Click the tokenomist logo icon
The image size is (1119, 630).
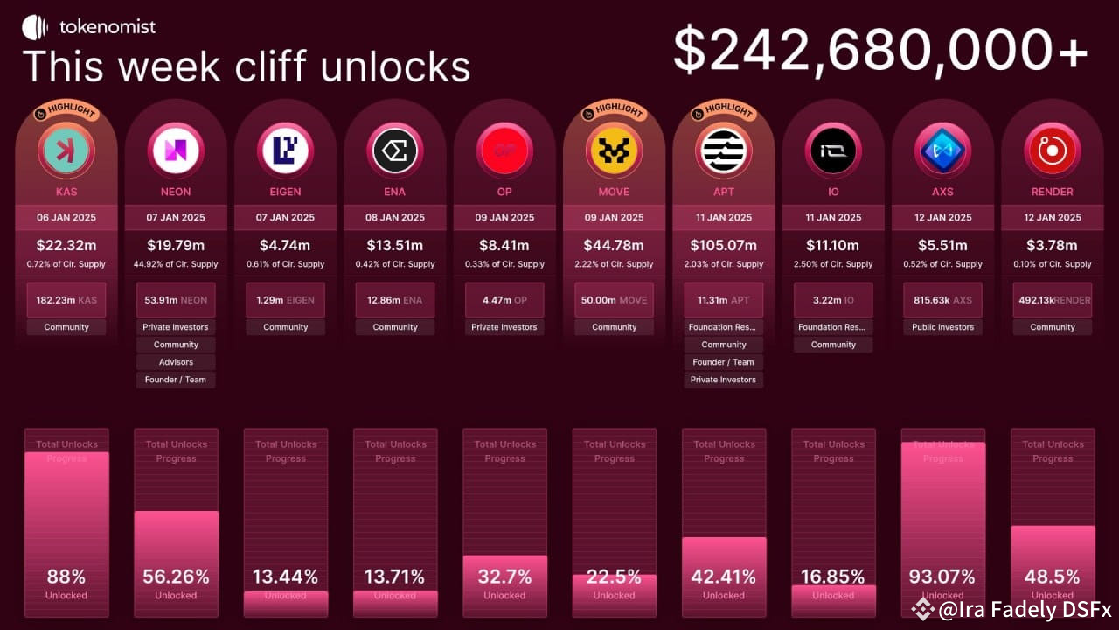coord(35,27)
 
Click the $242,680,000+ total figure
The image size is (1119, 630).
coord(880,50)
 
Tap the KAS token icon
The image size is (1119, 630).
coord(66,150)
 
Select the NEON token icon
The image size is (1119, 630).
coord(176,150)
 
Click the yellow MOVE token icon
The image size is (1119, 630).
coord(614,150)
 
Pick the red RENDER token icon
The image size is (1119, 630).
coord(1052,150)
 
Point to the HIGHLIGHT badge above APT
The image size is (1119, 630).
coord(723,111)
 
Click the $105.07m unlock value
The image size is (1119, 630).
coord(723,245)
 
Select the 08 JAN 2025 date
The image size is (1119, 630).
coord(395,218)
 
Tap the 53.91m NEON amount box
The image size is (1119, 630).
coord(176,300)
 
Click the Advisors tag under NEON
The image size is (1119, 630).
coord(176,362)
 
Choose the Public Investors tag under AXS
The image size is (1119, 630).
coord(942,327)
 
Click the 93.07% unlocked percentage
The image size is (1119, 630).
coord(942,577)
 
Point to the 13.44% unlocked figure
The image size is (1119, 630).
coord(285,577)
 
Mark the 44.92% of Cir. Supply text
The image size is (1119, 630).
coord(176,264)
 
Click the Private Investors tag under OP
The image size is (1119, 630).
coord(504,327)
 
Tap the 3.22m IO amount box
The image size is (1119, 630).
coord(833,300)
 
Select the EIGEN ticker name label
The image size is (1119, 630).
coord(285,192)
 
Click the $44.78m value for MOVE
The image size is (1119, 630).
coord(614,245)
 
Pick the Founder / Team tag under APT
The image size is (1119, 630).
coord(723,362)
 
